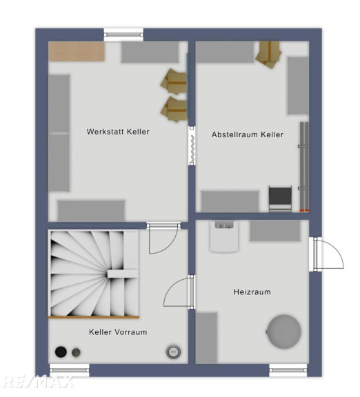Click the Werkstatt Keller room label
tap(118, 132)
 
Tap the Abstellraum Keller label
tap(248, 134)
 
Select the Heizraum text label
tap(252, 292)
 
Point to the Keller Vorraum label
tap(118, 332)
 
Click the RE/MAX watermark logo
tap(38, 382)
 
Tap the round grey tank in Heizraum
tap(284, 332)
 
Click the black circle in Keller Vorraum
tap(61, 352)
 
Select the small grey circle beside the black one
tap(76, 352)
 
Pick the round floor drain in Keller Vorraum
tap(174, 352)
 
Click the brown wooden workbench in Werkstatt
tap(77, 52)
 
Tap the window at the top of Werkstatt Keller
tap(123, 34)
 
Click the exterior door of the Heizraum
tap(326, 254)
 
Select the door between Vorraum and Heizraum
tap(179, 292)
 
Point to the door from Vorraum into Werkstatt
tap(163, 238)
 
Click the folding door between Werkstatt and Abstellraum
tap(192, 146)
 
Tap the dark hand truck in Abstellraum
tap(280, 199)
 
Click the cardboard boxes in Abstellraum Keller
tap(269, 54)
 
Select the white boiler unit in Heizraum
tap(224, 236)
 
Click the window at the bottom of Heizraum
tap(288, 370)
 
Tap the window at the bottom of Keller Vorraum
tap(70, 370)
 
